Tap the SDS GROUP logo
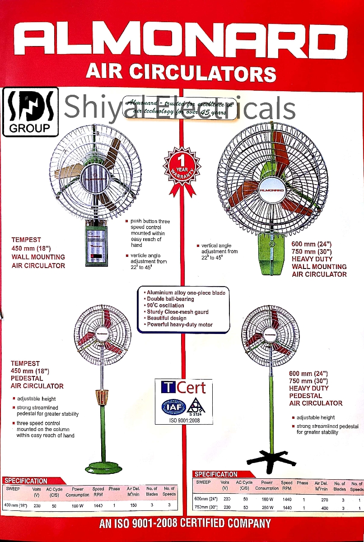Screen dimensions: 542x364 point(30,112)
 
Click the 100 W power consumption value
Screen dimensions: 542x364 point(77,506)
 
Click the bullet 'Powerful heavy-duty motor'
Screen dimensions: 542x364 point(179,324)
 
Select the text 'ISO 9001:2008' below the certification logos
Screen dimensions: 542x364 point(183,421)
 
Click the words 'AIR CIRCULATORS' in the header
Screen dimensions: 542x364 point(181,72)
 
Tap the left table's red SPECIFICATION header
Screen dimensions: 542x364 point(25,481)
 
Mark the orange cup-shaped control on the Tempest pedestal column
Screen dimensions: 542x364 point(103,398)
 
